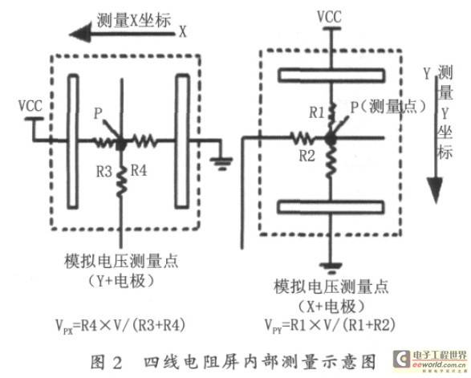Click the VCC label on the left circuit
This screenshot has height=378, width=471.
tap(30, 106)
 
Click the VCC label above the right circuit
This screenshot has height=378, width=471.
tap(330, 17)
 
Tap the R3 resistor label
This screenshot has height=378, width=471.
tap(104, 172)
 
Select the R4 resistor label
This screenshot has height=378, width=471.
tap(139, 171)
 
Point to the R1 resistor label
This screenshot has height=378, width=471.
tap(317, 113)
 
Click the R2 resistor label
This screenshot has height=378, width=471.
tap(307, 156)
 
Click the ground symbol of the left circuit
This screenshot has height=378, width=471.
tap(221, 163)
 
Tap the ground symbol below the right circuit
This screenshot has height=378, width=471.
tap(331, 268)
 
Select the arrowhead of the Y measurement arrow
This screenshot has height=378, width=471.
tap(435, 190)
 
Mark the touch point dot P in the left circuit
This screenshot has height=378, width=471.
tap(121, 144)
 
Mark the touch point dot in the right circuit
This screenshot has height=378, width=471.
tap(331, 139)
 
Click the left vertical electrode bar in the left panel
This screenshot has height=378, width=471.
tap(73, 141)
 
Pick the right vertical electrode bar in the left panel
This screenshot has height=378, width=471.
tap(182, 141)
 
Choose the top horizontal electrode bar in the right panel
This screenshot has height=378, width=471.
tap(331, 75)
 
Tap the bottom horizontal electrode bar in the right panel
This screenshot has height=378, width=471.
tap(331, 207)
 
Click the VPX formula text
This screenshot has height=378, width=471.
tap(120, 325)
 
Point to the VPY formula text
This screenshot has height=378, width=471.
tap(330, 325)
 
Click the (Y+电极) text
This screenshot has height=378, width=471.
tap(121, 281)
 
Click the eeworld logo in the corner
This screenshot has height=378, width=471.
tap(430, 360)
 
